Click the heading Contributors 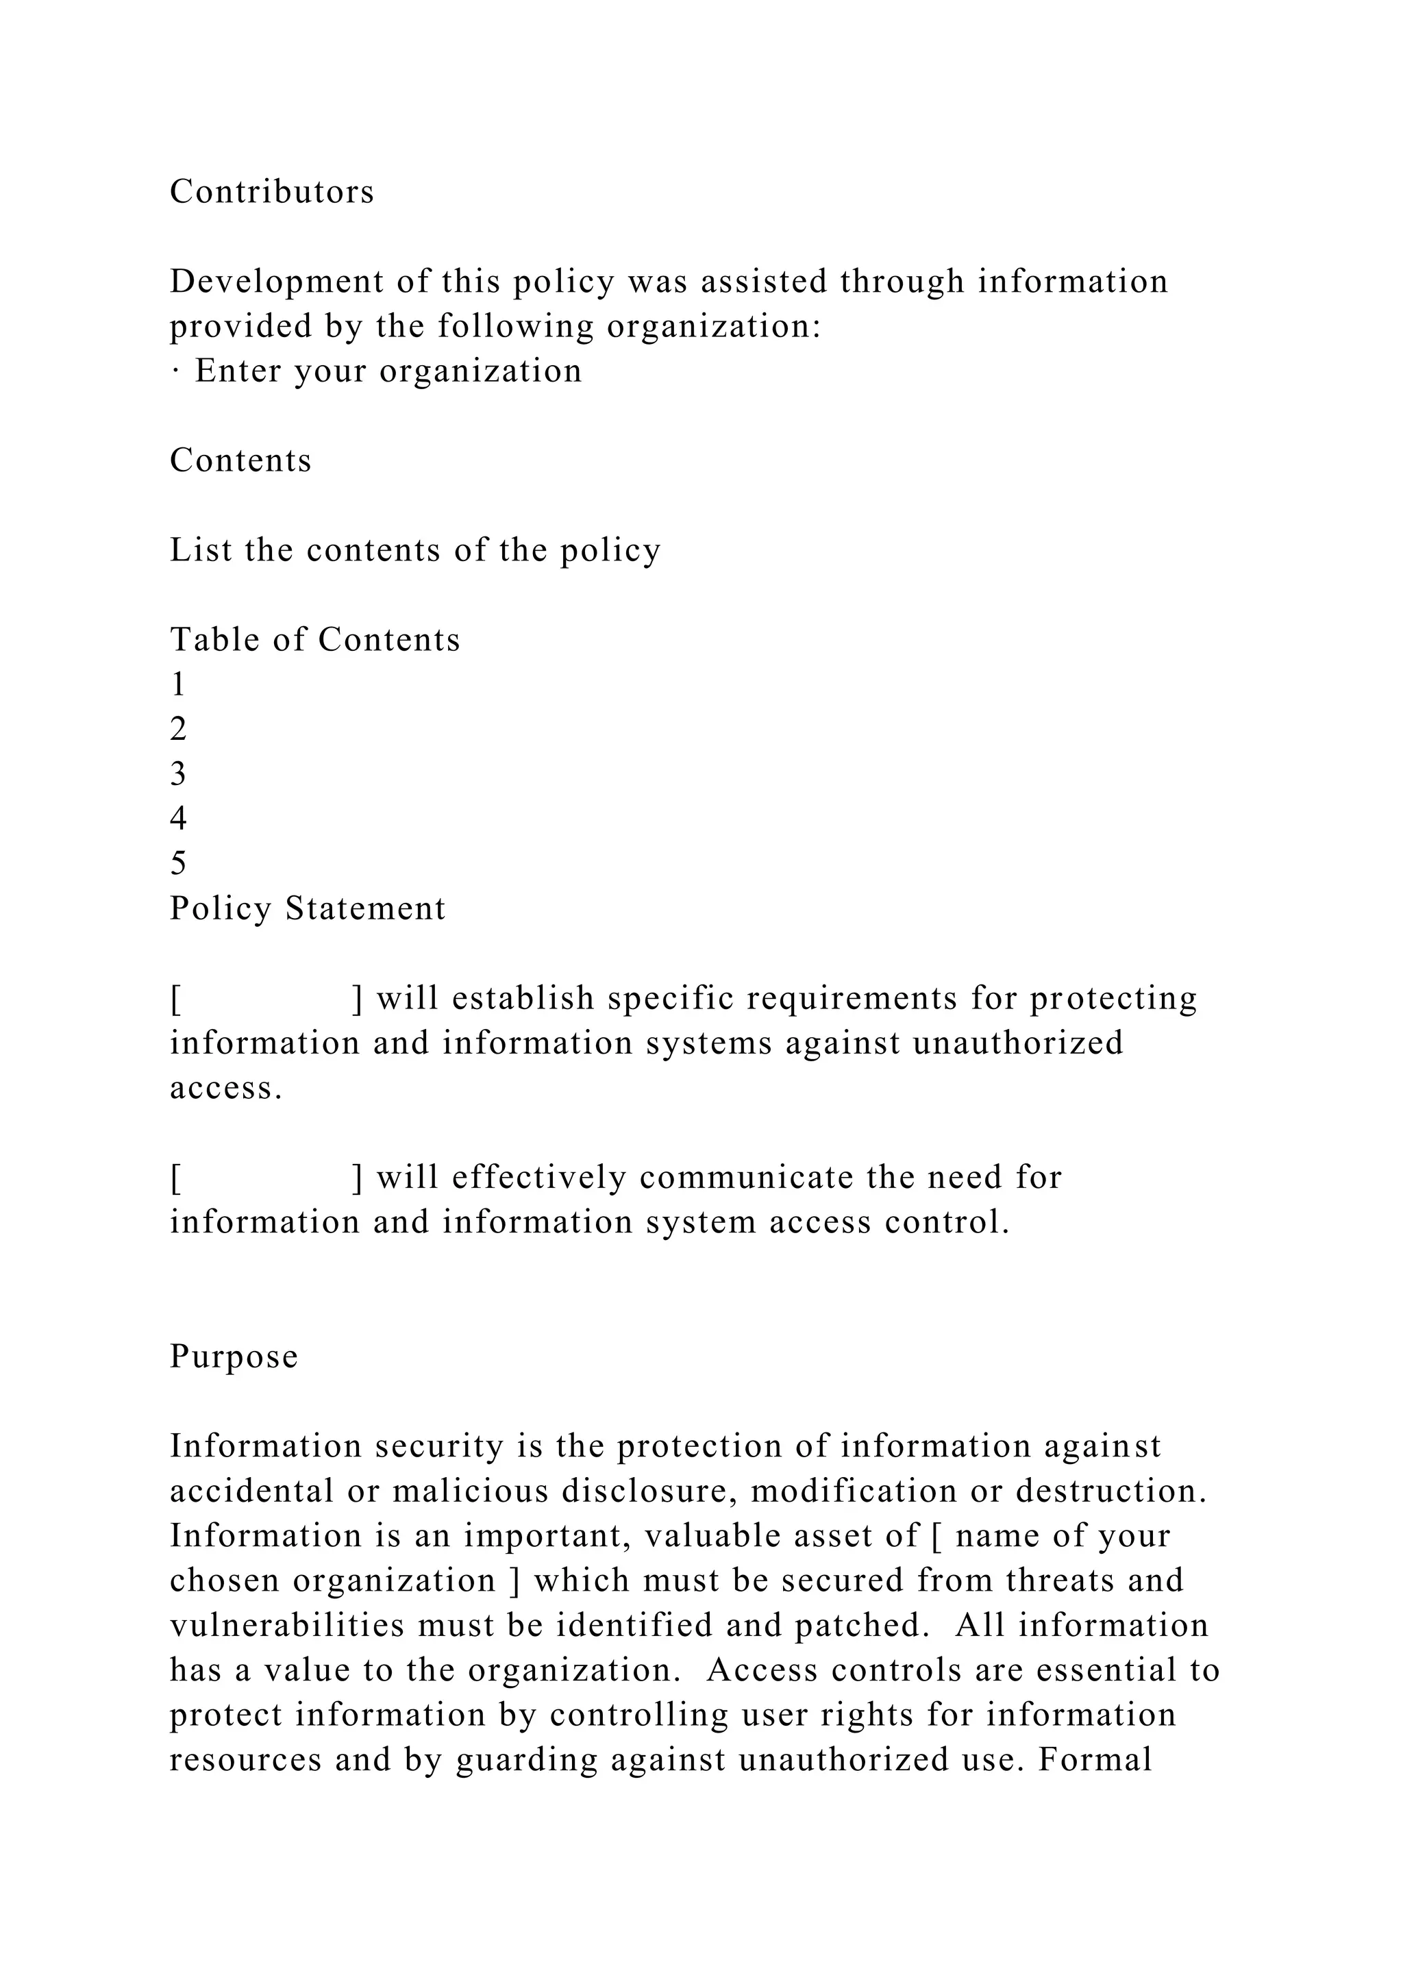pos(271,192)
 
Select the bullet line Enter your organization pos(377,371)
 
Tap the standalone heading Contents pos(240,460)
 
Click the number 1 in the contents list pos(178,684)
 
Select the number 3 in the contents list pos(178,773)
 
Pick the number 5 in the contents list pos(178,863)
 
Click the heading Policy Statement pos(308,908)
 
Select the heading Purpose pos(233,1356)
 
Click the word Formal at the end pos(1095,1759)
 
